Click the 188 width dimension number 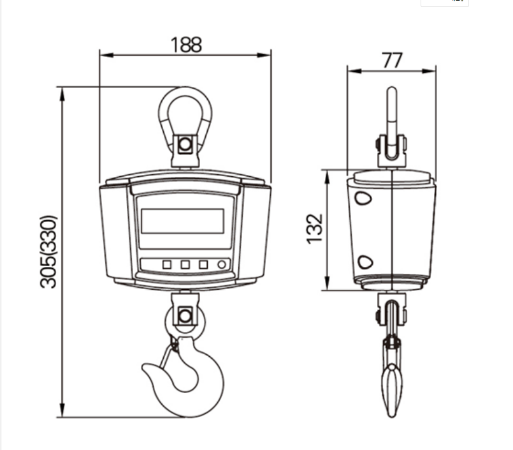tap(185, 45)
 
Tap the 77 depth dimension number tap(392, 60)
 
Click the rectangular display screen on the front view tap(182, 221)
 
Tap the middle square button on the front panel tap(185, 264)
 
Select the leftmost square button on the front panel tap(166, 264)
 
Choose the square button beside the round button tap(203, 264)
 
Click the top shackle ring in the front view tap(185, 110)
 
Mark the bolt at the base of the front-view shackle tap(185, 144)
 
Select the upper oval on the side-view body tap(364, 198)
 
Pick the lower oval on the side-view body tap(365, 261)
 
